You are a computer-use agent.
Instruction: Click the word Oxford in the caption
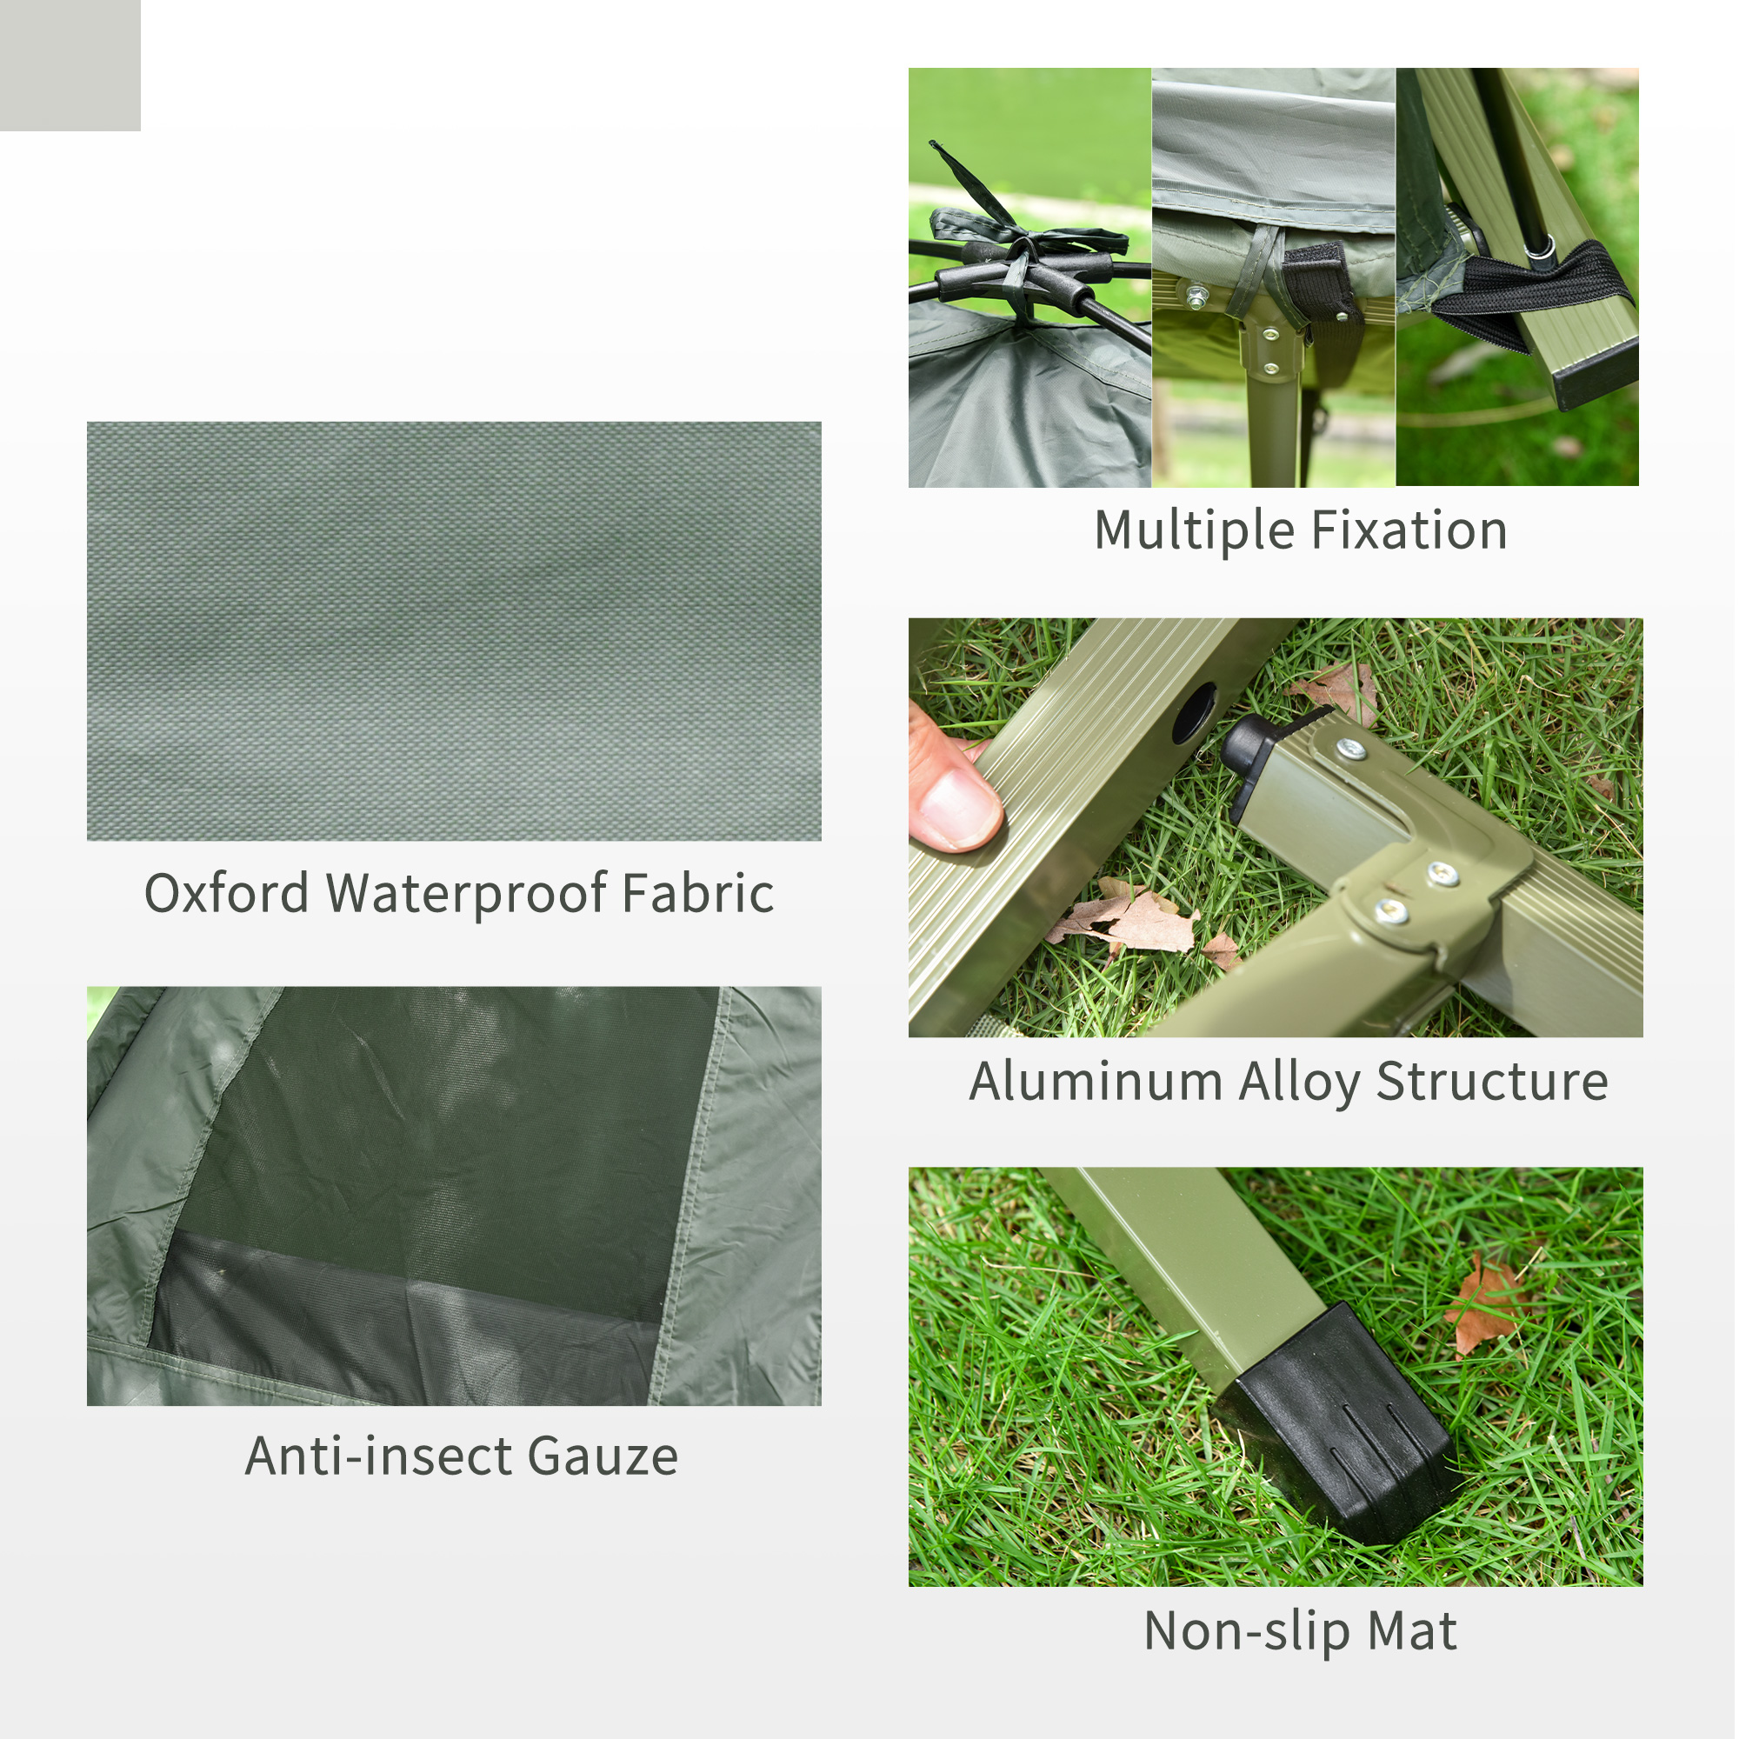[x=226, y=894]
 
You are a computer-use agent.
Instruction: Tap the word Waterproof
[x=466, y=894]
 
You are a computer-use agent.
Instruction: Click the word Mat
[x=1411, y=1631]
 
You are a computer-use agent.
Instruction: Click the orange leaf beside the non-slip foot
[x=1485, y=1306]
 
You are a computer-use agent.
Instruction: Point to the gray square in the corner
[x=70, y=65]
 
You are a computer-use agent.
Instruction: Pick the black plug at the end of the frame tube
[x=1252, y=750]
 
